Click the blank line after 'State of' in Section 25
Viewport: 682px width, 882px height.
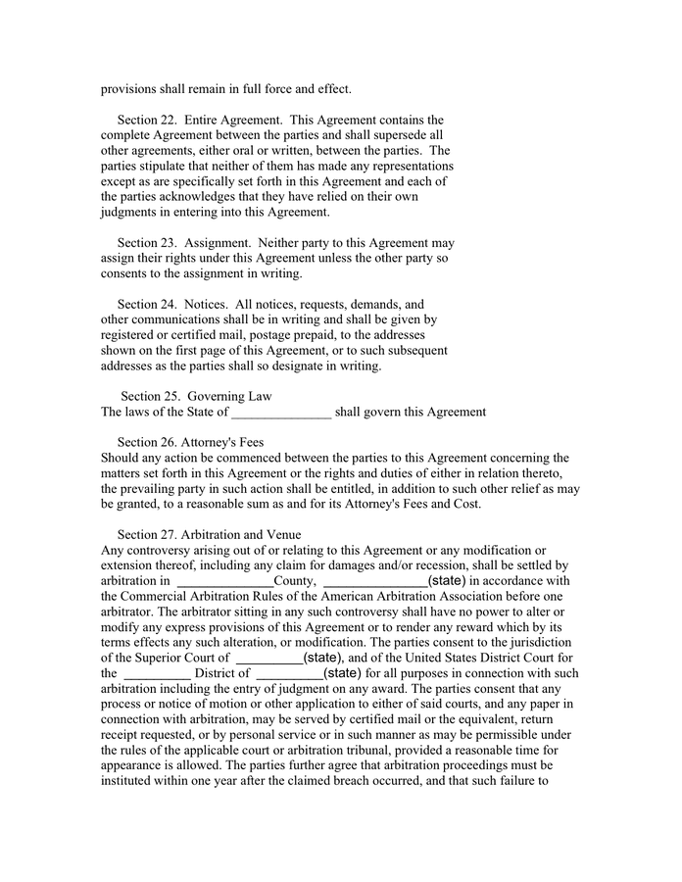281,413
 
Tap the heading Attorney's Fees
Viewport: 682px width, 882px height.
224,442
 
